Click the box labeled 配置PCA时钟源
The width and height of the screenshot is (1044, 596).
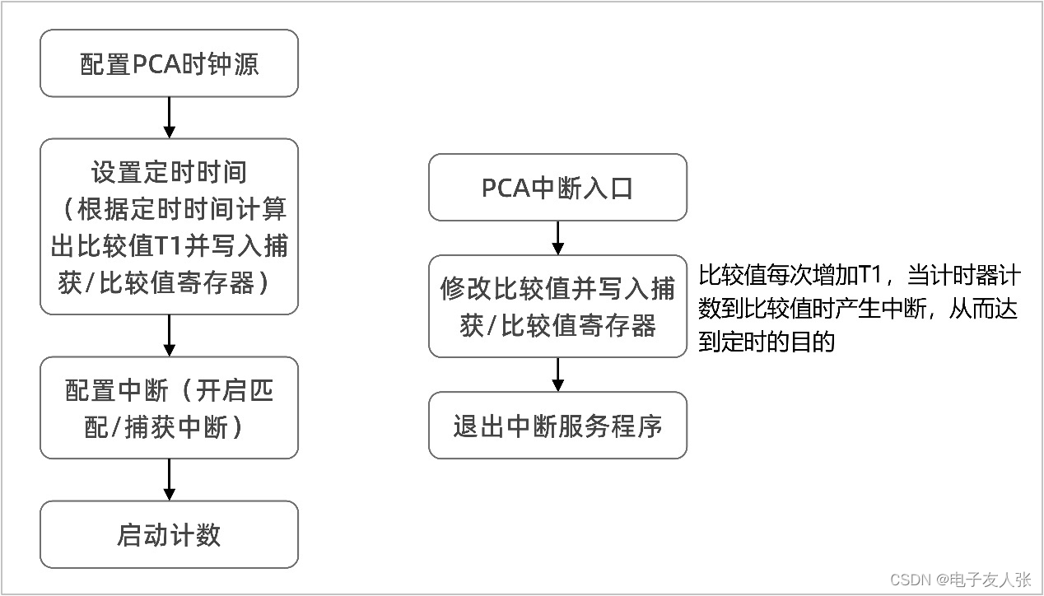click(x=169, y=63)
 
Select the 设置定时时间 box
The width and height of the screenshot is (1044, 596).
click(x=169, y=226)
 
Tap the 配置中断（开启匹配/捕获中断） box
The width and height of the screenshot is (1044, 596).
click(x=169, y=407)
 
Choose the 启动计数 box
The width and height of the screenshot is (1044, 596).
click(x=169, y=535)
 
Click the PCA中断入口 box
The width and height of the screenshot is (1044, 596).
click(x=557, y=188)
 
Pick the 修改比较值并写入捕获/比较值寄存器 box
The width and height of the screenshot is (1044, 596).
click(x=557, y=306)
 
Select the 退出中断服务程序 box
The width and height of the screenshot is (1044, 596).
click(x=557, y=426)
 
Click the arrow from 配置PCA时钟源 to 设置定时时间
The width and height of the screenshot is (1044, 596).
click(x=169, y=118)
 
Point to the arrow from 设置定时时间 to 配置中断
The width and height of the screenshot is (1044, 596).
click(x=169, y=335)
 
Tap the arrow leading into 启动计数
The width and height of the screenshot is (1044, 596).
click(x=169, y=480)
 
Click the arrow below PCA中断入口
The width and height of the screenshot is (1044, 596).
click(x=557, y=238)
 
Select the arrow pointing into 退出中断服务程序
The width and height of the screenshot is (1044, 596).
click(x=557, y=375)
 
